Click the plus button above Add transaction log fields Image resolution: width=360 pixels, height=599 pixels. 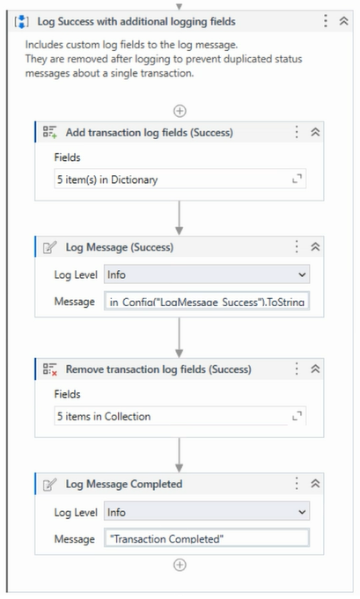pyautogui.click(x=180, y=111)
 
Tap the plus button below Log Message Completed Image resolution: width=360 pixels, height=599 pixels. pyautogui.click(x=180, y=565)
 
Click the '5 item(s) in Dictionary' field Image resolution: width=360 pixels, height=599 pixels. pyautogui.click(x=180, y=179)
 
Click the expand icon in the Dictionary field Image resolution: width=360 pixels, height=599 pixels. pyautogui.click(x=297, y=179)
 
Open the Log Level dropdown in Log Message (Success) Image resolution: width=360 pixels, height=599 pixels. pyautogui.click(x=207, y=274)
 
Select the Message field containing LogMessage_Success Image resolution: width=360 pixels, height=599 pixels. pyautogui.click(x=207, y=302)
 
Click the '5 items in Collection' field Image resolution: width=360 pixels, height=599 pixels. pyautogui.click(x=180, y=416)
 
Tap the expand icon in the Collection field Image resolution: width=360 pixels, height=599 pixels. pyautogui.click(x=297, y=416)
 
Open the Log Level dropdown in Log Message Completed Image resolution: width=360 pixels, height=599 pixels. pyautogui.click(x=207, y=512)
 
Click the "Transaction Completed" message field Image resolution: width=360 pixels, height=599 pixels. pyautogui.click(x=207, y=538)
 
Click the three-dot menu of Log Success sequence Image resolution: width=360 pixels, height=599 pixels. pyautogui.click(x=325, y=21)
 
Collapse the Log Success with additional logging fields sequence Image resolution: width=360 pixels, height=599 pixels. pyautogui.click(x=343, y=21)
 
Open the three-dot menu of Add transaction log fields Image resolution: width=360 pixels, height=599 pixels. pyautogui.click(x=297, y=132)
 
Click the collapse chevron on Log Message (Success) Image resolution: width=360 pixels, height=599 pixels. pyautogui.click(x=315, y=247)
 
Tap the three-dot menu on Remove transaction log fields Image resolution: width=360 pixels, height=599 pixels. pyautogui.click(x=297, y=369)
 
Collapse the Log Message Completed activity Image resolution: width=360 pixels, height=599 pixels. pyautogui.click(x=315, y=484)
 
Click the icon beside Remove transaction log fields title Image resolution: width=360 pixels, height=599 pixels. pyautogui.click(x=50, y=369)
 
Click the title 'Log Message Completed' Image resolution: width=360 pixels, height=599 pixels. pyautogui.click(x=124, y=484)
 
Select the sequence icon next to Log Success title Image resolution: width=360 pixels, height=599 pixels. pyautogui.click(x=21, y=21)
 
